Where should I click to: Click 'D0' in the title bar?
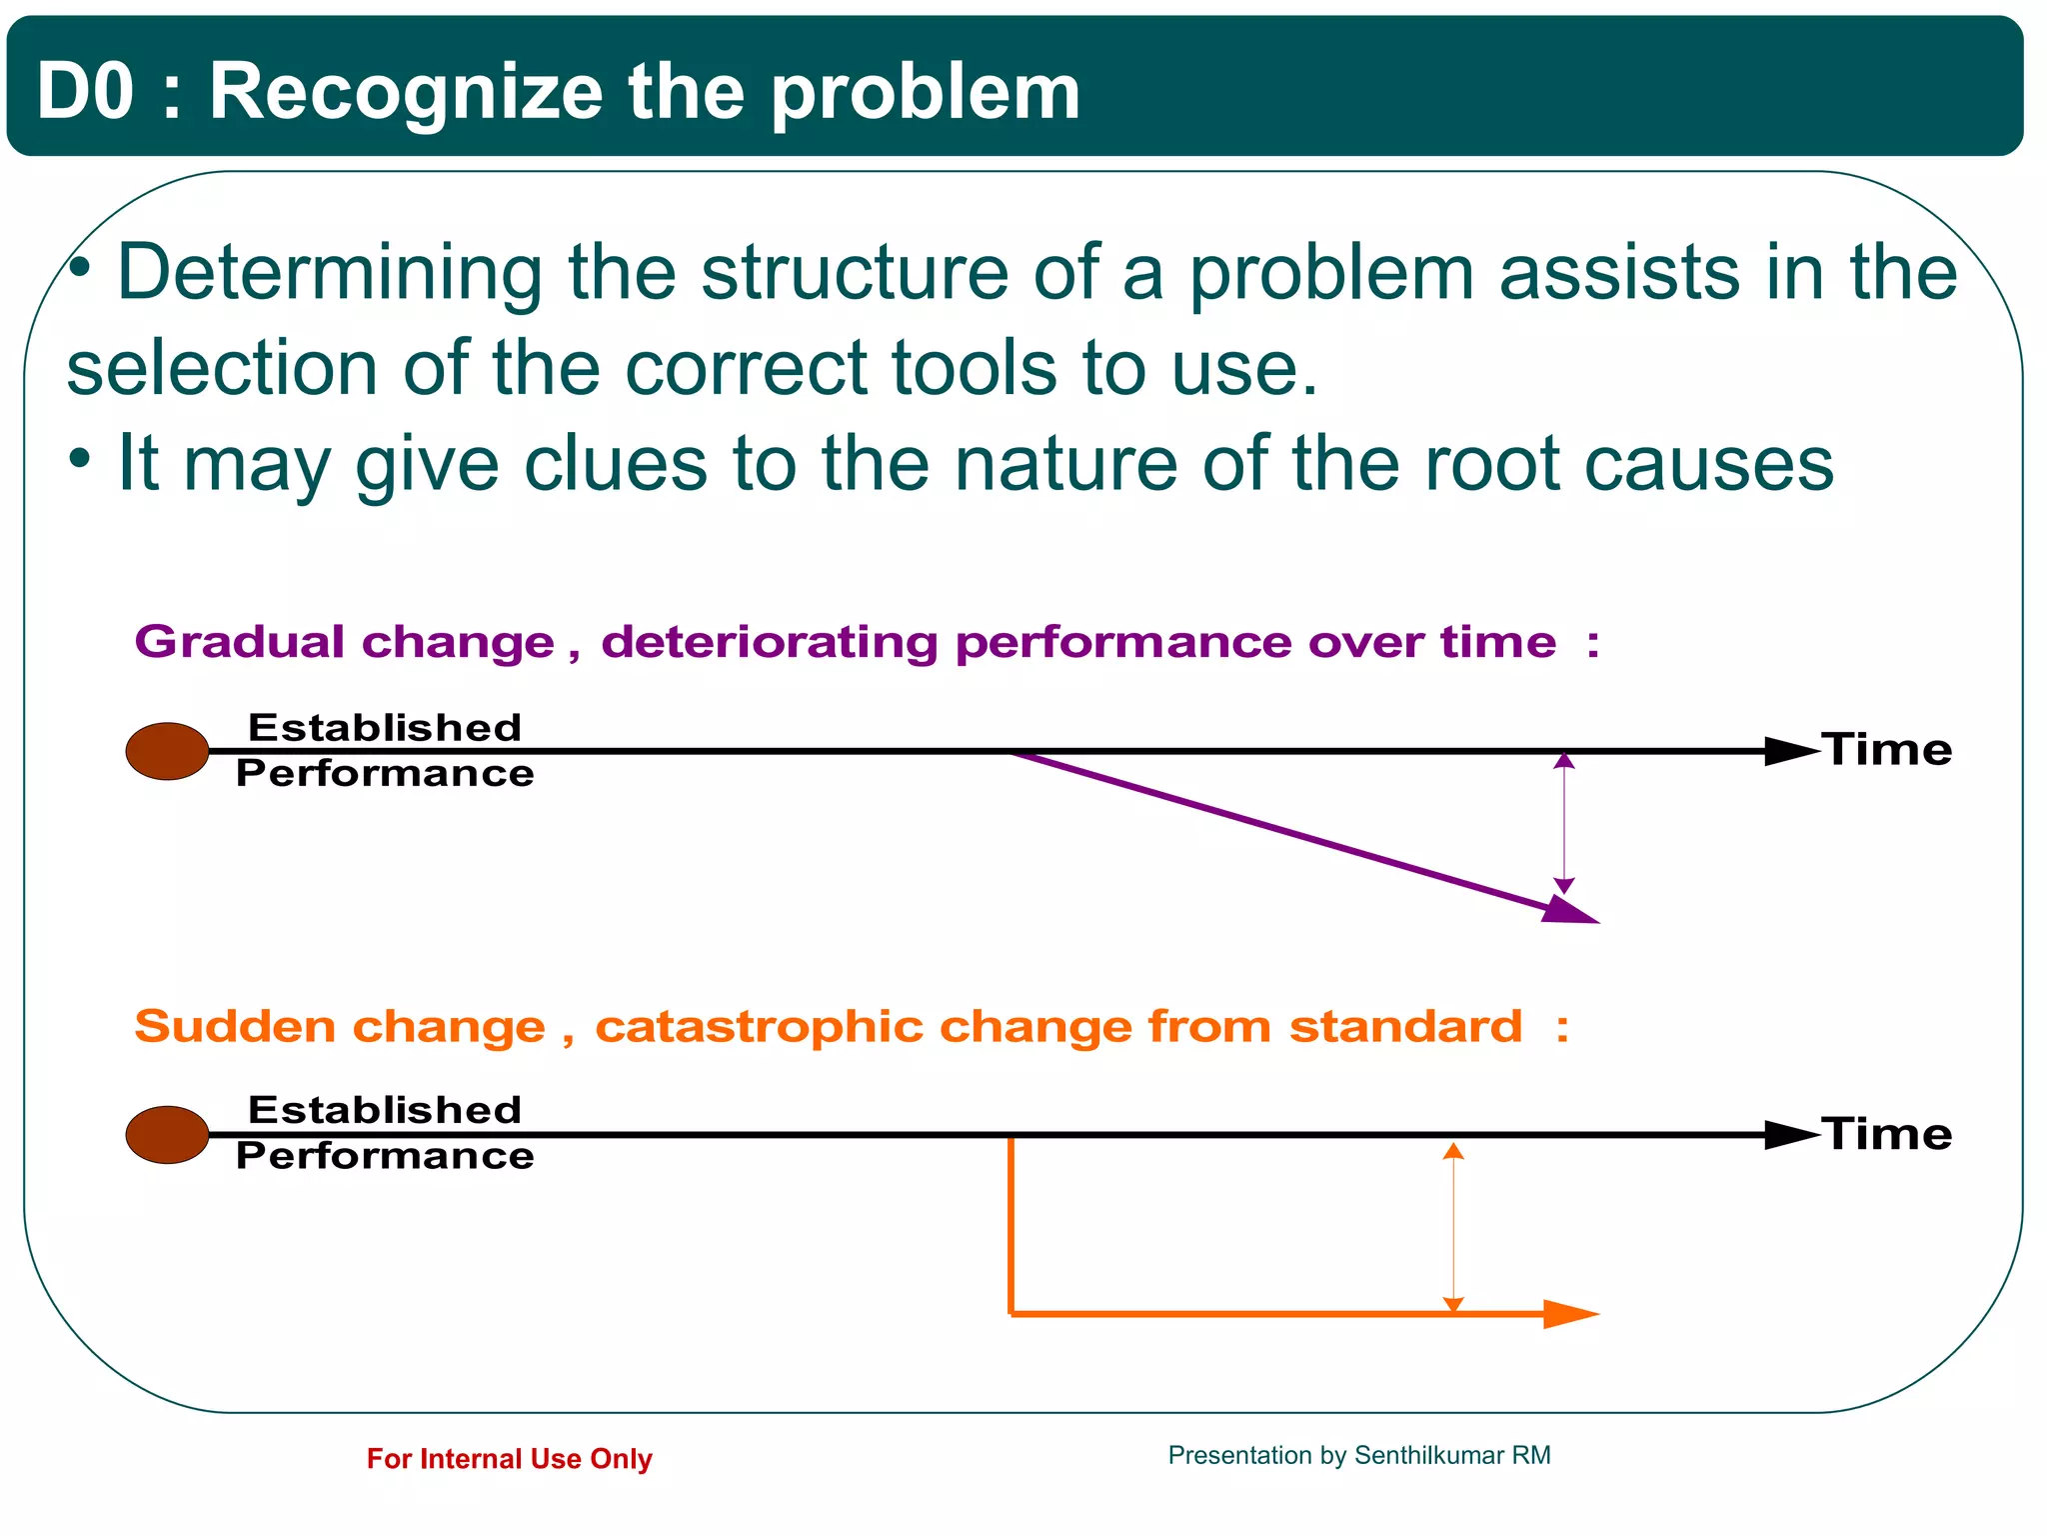pyautogui.click(x=85, y=91)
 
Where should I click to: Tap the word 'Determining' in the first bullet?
pyautogui.click(x=330, y=272)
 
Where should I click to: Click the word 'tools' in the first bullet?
pyautogui.click(x=974, y=368)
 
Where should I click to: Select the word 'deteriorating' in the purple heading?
pyautogui.click(x=769, y=642)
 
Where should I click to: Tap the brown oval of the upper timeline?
pyautogui.click(x=167, y=751)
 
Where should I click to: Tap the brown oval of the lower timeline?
pyautogui.click(x=167, y=1135)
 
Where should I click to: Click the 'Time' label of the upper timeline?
pyautogui.click(x=1886, y=750)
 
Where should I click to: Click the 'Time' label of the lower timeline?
pyautogui.click(x=1886, y=1134)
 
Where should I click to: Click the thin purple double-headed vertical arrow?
pyautogui.click(x=1564, y=823)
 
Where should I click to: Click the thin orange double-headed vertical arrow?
pyautogui.click(x=1453, y=1227)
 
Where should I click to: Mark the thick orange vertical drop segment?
pyautogui.click(x=1012, y=1225)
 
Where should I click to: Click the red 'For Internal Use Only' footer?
pyautogui.click(x=509, y=1459)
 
